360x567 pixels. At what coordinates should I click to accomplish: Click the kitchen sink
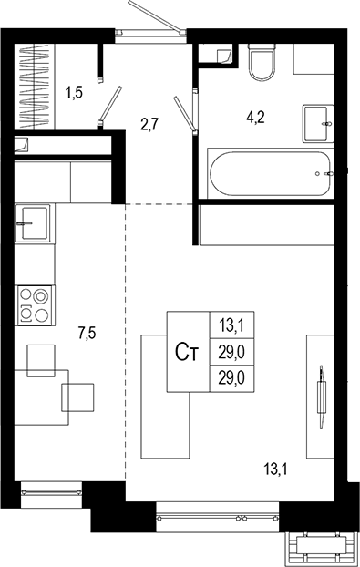(x=34, y=221)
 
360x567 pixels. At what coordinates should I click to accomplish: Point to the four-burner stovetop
(x=34, y=304)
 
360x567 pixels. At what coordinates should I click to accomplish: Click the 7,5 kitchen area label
(x=87, y=334)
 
